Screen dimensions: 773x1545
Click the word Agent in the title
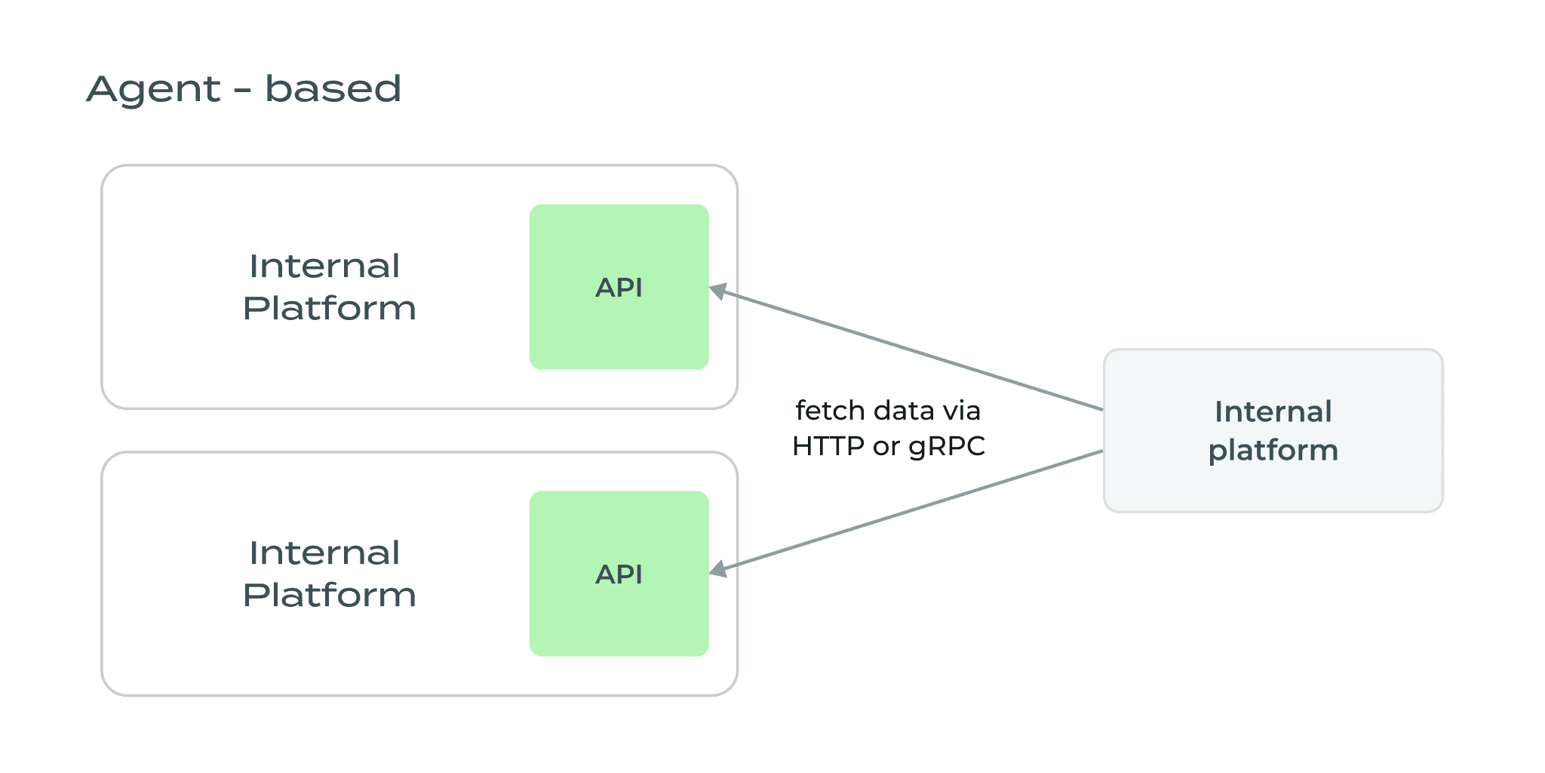pos(153,91)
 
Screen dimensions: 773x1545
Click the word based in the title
pos(333,89)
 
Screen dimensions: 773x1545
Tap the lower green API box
pos(619,619)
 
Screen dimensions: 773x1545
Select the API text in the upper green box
pos(619,288)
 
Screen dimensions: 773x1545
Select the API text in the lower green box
pos(619,574)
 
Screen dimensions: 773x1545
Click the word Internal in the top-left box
pos(324,266)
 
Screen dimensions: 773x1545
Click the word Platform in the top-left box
pos(329,309)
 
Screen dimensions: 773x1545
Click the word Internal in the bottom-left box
pos(324,553)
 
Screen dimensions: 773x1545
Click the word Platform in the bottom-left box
pos(329,596)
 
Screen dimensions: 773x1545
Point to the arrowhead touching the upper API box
pos(719,291)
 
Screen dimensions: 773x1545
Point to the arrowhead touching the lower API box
pos(719,570)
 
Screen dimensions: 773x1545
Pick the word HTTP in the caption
pos(828,446)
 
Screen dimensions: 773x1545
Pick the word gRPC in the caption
pos(947,447)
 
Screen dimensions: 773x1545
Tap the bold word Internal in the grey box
pos(1273,412)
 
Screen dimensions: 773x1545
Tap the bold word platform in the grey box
pos(1273,451)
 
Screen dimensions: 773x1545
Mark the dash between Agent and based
pos(242,92)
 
